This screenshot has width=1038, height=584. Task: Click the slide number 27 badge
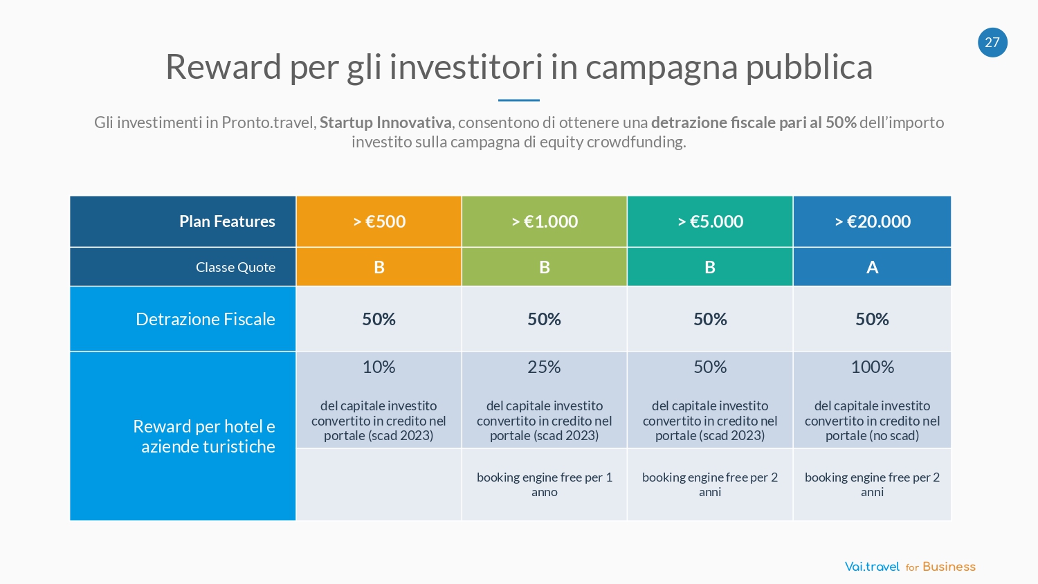point(992,42)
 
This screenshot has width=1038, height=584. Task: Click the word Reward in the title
point(224,67)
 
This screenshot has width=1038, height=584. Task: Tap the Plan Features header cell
point(227,221)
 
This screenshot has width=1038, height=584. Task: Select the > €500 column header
point(379,221)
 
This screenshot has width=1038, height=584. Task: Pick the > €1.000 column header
point(545,221)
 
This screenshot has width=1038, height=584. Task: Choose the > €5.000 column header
point(710,221)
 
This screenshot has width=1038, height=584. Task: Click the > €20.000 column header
point(873,221)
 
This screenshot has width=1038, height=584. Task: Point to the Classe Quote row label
point(235,267)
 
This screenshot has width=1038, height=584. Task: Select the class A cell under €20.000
point(873,267)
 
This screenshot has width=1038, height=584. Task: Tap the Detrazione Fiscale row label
point(206,319)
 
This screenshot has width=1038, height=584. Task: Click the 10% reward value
point(379,367)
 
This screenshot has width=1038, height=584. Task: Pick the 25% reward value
point(545,367)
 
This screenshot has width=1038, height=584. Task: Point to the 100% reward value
point(873,367)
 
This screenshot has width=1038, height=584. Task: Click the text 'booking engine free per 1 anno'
point(545,484)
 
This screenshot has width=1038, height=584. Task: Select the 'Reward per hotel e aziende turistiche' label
point(205,436)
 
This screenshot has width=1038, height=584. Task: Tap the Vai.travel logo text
point(872,567)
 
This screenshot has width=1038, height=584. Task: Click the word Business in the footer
point(949,567)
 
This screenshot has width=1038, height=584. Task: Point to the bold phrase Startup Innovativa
point(385,122)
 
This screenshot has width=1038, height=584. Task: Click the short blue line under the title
point(519,100)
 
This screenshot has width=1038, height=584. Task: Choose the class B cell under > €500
point(379,267)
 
